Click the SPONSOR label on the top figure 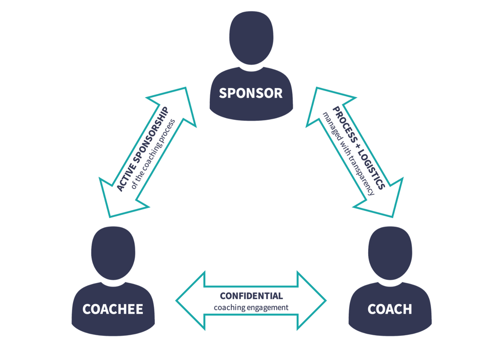(x=250, y=93)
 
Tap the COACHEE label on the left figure (x=113, y=309)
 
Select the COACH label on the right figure (x=390, y=309)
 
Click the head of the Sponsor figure (x=251, y=38)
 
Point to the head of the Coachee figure (x=113, y=252)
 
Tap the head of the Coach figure (x=390, y=252)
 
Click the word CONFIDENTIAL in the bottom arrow (x=251, y=296)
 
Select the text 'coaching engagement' (x=251, y=307)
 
